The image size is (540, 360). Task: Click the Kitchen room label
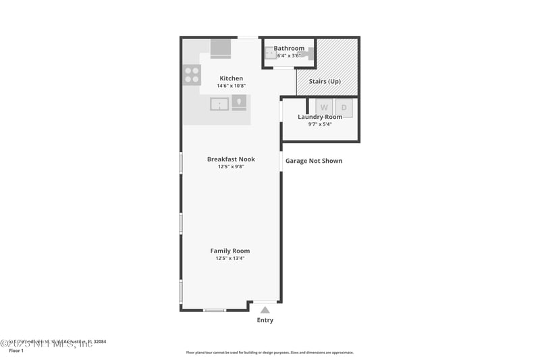pos(230,78)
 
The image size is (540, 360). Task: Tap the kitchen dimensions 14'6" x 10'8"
pos(230,86)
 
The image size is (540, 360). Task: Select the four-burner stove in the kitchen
pos(191,74)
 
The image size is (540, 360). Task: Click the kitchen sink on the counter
pos(219,103)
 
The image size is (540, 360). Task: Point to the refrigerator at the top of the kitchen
pos(220,49)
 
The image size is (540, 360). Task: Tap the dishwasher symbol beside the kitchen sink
pos(240,103)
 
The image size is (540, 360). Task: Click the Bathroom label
pos(289,49)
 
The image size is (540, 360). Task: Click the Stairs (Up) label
pos(325,81)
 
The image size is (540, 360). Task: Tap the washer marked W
pos(325,107)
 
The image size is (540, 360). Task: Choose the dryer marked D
pos(344,107)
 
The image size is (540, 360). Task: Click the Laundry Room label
pos(320,117)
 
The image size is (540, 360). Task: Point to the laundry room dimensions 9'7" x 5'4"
pos(320,124)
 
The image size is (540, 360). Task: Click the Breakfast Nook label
pos(230,159)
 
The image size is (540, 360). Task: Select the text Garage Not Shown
pos(313,161)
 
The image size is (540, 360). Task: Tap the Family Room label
pos(230,251)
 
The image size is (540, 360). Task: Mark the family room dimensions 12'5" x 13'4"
pos(230,258)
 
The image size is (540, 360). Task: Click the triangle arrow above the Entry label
pos(265,310)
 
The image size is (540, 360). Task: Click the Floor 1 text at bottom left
pos(16,351)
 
